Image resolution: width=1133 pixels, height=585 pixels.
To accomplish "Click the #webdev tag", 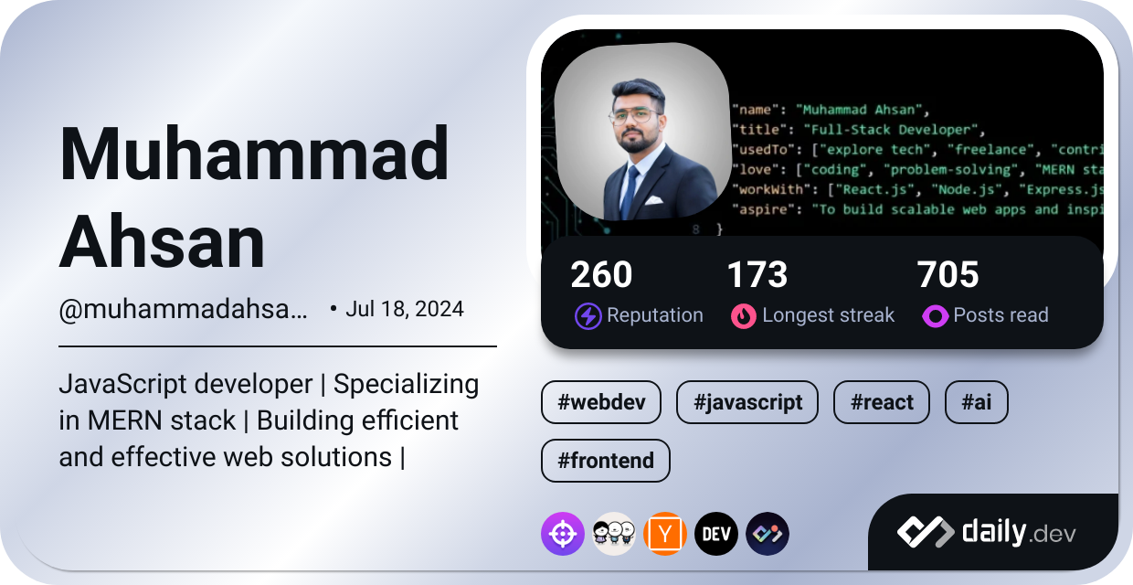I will click(600, 402).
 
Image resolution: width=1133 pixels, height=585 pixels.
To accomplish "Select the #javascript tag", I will click(747, 402).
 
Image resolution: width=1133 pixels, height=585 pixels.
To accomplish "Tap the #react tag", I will click(881, 402).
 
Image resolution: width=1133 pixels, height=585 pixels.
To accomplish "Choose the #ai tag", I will click(976, 402).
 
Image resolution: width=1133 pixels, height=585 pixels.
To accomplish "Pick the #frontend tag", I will click(605, 461).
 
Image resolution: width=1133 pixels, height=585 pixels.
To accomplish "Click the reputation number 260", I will click(601, 275).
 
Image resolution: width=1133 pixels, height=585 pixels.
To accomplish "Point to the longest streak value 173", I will click(757, 275).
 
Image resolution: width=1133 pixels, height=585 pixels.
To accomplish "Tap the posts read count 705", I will click(948, 275).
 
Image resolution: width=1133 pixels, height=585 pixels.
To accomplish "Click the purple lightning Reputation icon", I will click(588, 316).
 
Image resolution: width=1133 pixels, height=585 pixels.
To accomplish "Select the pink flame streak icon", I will click(744, 316).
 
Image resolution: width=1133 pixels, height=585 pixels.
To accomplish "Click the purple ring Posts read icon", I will click(935, 316).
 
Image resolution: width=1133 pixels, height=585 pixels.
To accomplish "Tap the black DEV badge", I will click(716, 534).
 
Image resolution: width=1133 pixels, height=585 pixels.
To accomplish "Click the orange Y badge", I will click(665, 534).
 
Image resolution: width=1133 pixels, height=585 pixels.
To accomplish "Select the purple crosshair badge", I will click(563, 534).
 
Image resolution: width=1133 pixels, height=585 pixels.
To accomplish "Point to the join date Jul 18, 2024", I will click(404, 309).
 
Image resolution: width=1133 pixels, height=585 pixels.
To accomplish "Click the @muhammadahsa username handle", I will click(183, 310).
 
